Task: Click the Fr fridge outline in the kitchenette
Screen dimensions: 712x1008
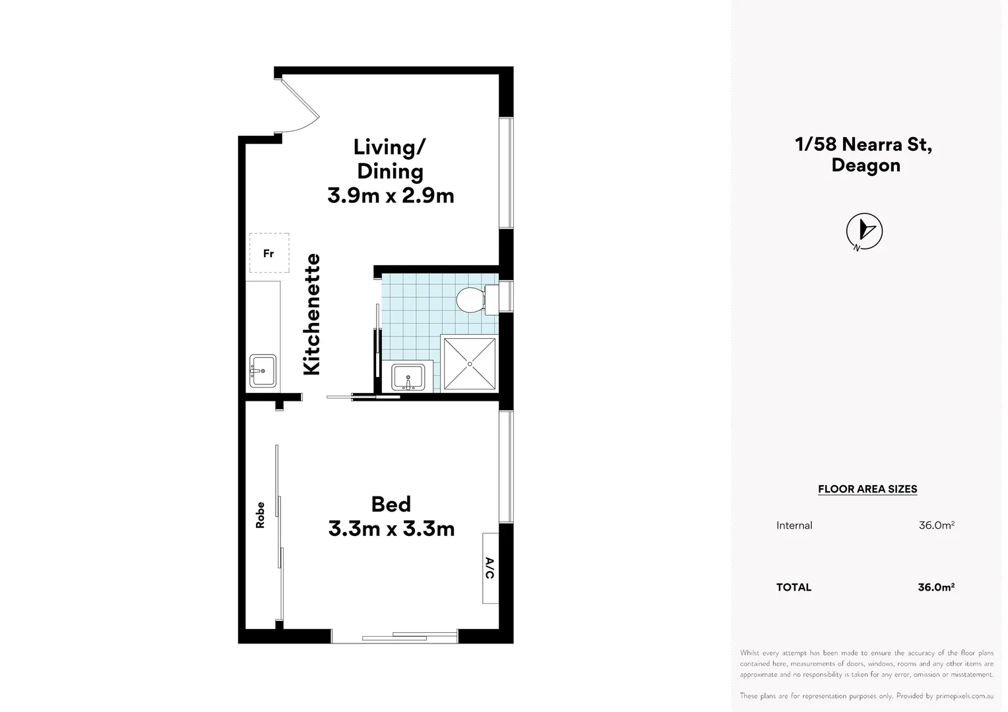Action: (x=269, y=253)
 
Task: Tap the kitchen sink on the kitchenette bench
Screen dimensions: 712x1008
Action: (x=263, y=371)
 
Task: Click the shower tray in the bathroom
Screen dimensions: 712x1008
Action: (x=470, y=364)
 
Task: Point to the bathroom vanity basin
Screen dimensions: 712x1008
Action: (x=408, y=377)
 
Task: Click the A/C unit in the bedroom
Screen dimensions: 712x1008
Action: (x=490, y=568)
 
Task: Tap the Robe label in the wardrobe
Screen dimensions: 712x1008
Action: (x=261, y=515)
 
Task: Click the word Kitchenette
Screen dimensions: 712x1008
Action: (x=311, y=314)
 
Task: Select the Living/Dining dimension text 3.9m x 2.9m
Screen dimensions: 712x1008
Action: (x=391, y=196)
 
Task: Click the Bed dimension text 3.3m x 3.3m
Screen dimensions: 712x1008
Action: (x=391, y=529)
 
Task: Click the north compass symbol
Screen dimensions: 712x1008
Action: (x=864, y=231)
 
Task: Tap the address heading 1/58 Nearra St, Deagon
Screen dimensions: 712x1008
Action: (x=864, y=154)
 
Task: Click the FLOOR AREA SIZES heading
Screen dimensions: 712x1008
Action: (x=867, y=489)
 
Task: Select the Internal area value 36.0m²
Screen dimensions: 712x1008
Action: (x=936, y=525)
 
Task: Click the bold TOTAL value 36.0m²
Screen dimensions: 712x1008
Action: (x=936, y=587)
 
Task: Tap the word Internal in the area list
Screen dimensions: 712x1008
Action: (x=794, y=525)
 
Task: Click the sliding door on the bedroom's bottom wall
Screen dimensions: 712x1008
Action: (x=394, y=636)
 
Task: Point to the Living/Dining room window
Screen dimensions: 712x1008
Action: (x=506, y=173)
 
